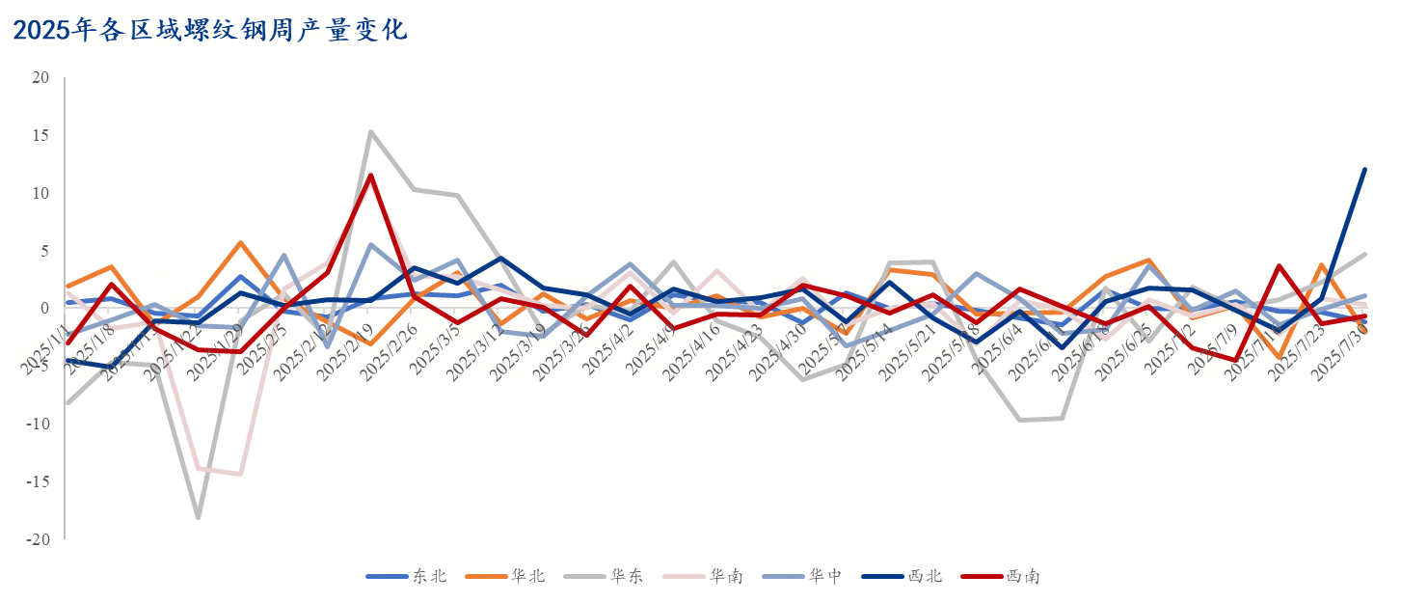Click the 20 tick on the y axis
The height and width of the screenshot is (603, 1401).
tap(40, 77)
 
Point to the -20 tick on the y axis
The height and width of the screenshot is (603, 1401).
tap(37, 539)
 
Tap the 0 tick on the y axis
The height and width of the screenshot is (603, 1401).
tap(44, 309)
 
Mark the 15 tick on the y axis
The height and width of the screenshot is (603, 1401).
tap(40, 135)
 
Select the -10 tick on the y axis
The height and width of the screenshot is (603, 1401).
tap(37, 424)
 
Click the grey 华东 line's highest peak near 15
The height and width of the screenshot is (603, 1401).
tap(370, 132)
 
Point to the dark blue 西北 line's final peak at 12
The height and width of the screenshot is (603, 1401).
tap(1364, 170)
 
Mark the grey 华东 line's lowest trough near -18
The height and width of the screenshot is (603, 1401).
tap(198, 518)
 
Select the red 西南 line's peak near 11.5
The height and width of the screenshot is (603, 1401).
tap(370, 176)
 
